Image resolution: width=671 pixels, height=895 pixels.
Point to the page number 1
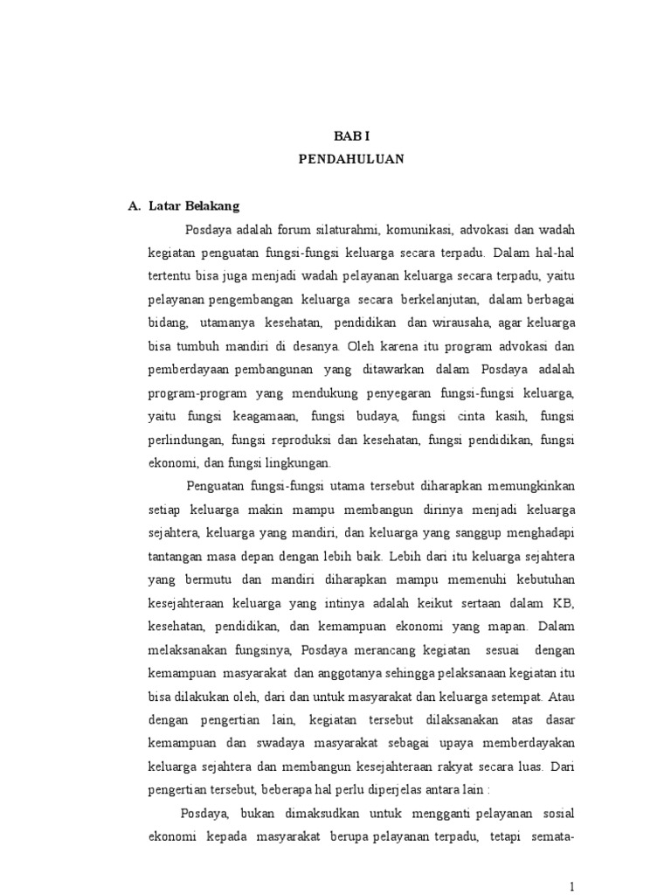[x=571, y=885]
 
